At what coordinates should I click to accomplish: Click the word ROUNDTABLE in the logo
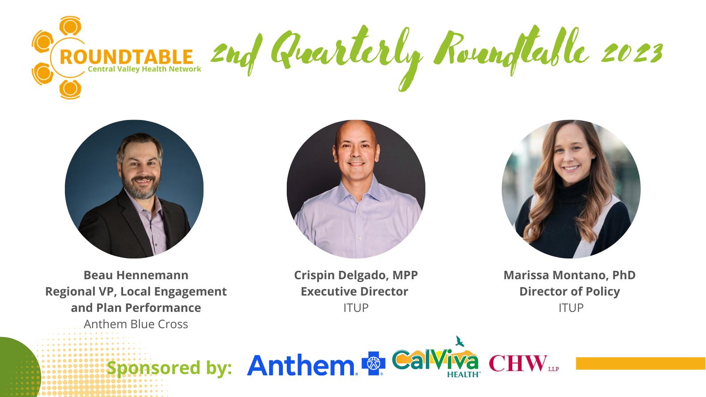(x=126, y=57)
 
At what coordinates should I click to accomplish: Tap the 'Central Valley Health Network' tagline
(x=144, y=69)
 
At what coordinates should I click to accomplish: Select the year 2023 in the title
(x=631, y=53)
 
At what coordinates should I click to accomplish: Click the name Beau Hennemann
(x=136, y=275)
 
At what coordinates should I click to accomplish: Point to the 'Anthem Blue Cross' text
(x=136, y=324)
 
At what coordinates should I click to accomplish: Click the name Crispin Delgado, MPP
(x=356, y=275)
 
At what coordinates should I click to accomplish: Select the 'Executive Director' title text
(x=354, y=292)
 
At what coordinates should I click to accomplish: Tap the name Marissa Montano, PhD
(x=570, y=275)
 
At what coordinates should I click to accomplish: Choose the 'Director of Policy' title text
(x=570, y=292)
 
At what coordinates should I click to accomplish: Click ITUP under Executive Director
(x=356, y=308)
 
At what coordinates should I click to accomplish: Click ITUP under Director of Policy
(x=571, y=308)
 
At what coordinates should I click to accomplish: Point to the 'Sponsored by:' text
(x=169, y=368)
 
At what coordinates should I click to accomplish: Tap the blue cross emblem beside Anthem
(x=373, y=363)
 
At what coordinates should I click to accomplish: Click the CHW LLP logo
(x=524, y=363)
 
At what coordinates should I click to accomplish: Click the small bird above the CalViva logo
(x=460, y=341)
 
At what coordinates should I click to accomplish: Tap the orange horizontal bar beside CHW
(x=641, y=363)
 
